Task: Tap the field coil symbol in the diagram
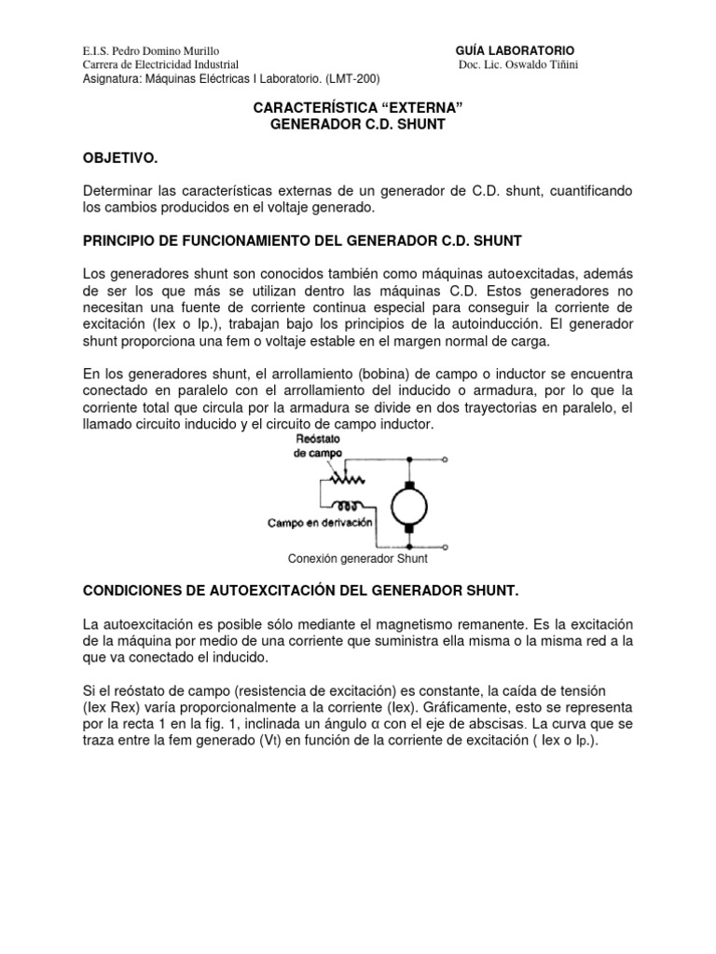click(x=344, y=507)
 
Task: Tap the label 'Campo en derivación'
click(x=320, y=524)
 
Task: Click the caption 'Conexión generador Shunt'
click(x=358, y=560)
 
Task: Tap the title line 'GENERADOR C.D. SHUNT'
click(x=358, y=124)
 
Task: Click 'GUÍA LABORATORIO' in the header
click(x=515, y=49)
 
